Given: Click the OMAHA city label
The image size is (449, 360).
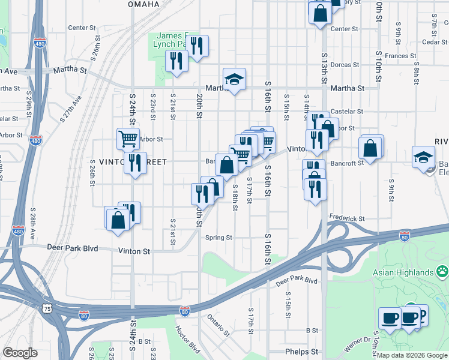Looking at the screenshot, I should point(144,4).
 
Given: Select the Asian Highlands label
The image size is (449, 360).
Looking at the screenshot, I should point(403,272).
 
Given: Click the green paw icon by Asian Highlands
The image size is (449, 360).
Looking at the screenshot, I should point(442,271).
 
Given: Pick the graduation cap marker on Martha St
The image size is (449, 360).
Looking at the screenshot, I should point(234,79).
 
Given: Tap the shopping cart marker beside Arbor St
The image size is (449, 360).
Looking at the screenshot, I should point(128,139).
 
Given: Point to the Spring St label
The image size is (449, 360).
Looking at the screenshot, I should point(218,238).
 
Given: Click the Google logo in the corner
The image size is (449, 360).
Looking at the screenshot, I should point(20,353).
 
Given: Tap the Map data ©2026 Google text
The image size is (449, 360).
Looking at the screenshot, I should point(412,355).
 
